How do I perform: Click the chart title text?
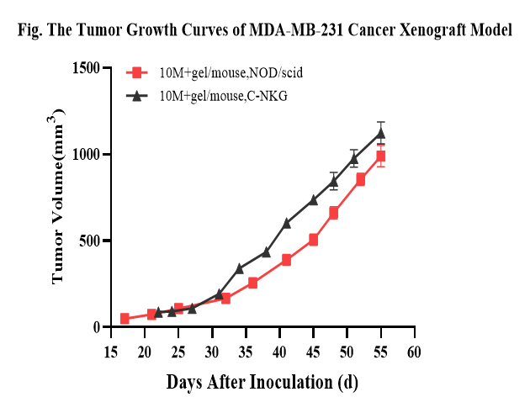click(265, 31)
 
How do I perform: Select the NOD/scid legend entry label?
click(231, 73)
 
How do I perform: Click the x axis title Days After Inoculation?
click(262, 382)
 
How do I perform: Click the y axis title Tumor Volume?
click(59, 198)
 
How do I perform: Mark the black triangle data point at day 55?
click(380, 133)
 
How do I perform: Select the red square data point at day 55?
click(380, 156)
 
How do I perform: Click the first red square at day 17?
click(125, 319)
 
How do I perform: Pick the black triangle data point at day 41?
click(286, 223)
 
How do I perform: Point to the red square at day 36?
click(252, 283)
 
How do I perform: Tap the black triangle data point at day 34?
click(239, 268)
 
